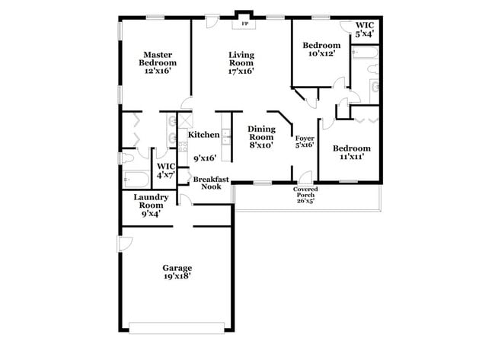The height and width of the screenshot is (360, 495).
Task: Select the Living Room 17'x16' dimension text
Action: point(241,71)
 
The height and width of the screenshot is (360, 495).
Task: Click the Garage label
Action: point(177,267)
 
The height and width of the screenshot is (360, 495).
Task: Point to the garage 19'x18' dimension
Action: point(177,276)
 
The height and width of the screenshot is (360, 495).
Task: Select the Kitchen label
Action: point(204,135)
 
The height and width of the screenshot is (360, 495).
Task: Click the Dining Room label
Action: point(262,133)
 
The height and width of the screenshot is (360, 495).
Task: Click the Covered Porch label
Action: point(305,191)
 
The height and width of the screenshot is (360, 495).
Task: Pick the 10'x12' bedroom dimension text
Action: point(320,54)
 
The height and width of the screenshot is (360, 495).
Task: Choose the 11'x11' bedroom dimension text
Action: point(350,156)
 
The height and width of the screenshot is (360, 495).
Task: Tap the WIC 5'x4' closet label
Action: point(365,29)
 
